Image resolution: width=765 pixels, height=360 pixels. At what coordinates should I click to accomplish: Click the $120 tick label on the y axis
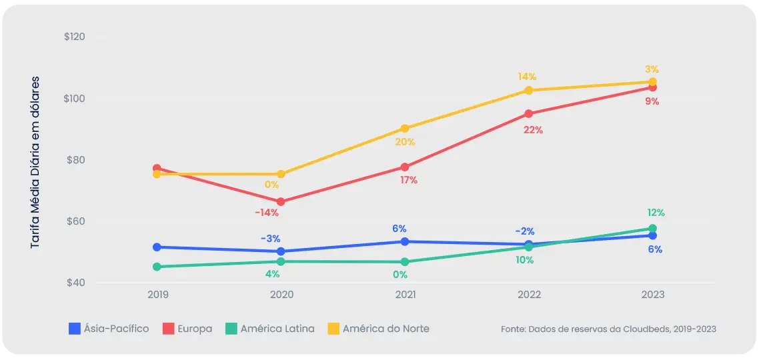tap(74, 37)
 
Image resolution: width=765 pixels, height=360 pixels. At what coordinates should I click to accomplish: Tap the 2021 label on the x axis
tap(405, 295)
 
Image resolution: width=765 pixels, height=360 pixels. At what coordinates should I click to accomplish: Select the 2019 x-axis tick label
tap(157, 295)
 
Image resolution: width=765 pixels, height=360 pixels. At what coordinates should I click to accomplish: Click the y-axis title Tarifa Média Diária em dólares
tap(35, 163)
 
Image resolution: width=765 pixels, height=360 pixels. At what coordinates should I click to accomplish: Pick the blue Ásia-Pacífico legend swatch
tap(75, 329)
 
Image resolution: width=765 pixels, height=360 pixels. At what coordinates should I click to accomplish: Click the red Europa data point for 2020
tap(281, 201)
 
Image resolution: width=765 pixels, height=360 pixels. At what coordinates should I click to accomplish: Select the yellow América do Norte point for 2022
tap(528, 90)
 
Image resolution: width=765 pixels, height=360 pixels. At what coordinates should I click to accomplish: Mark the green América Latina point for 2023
tap(652, 229)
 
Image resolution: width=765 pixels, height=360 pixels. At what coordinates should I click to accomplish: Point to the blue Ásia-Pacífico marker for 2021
tap(405, 241)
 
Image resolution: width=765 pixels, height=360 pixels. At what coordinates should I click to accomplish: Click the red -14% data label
tap(267, 213)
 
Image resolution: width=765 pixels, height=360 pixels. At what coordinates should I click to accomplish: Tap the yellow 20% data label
tap(405, 142)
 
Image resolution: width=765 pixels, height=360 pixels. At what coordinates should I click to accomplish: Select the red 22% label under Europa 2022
tap(533, 131)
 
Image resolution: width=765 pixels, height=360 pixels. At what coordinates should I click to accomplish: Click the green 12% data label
tap(656, 213)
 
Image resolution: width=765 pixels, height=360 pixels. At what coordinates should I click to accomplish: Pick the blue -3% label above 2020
tap(270, 239)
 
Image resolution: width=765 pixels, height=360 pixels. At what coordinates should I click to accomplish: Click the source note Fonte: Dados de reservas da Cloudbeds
tap(608, 329)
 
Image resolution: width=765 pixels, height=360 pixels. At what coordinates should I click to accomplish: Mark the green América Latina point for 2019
tap(157, 267)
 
